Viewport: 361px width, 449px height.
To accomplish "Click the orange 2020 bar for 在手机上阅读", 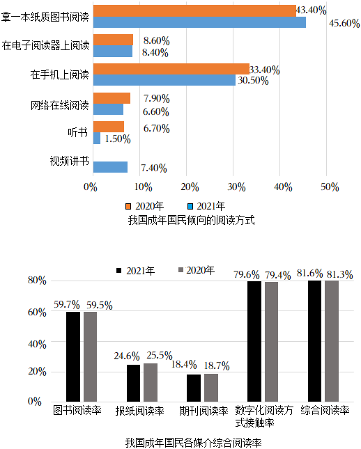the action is click(x=171, y=69).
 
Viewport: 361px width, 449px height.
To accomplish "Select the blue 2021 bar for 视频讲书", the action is click(x=110, y=167).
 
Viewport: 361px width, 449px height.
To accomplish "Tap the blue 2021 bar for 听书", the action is click(x=97, y=138).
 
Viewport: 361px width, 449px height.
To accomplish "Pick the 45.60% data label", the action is click(x=344, y=23).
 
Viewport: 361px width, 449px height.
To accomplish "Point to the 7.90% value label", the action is click(x=157, y=99).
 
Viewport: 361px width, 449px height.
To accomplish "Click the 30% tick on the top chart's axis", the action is click(x=236, y=187).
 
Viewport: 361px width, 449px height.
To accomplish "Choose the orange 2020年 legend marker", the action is click(x=128, y=206).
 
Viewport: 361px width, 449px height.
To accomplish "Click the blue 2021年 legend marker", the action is click(x=190, y=206).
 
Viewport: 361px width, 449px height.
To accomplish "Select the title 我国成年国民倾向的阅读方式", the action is click(x=191, y=220).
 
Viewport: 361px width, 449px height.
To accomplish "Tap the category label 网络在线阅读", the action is click(x=60, y=105).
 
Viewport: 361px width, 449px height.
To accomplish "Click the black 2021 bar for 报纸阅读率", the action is click(x=133, y=383).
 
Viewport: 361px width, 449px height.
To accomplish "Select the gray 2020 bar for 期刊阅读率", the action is click(x=211, y=388).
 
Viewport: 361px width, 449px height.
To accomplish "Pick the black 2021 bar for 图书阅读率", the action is click(x=73, y=357).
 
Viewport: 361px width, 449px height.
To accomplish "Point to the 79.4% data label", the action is click(x=278, y=276).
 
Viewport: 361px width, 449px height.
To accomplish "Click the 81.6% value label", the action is click(x=309, y=273).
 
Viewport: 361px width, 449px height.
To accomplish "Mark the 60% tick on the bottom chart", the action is click(x=37, y=312).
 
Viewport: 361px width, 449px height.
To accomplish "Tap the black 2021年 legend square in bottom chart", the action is click(x=119, y=270).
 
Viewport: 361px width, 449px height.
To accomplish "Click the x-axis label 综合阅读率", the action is click(x=325, y=410).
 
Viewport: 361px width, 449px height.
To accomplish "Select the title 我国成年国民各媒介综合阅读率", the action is click(x=194, y=443).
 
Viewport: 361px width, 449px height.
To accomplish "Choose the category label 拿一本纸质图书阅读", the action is click(x=45, y=17).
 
